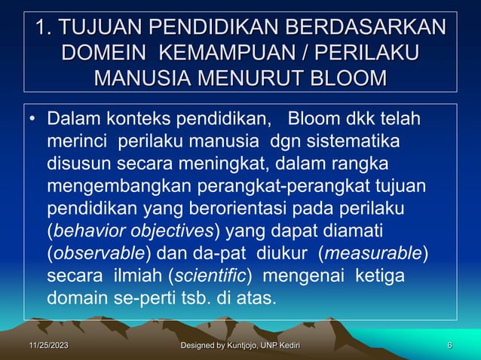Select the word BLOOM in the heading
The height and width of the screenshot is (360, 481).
[x=348, y=78]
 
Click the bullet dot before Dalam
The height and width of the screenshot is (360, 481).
[x=32, y=121]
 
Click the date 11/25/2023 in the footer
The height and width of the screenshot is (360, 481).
[x=43, y=346]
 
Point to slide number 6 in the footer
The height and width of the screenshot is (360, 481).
[x=449, y=346]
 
